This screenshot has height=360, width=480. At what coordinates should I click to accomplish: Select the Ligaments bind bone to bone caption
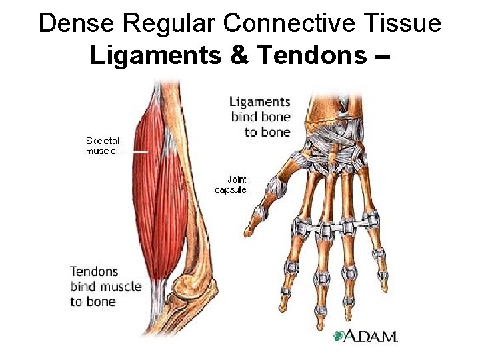[260, 117]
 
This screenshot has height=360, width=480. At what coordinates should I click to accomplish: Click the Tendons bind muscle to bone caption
[105, 286]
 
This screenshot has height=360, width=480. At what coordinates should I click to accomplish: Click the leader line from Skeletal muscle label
[133, 151]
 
